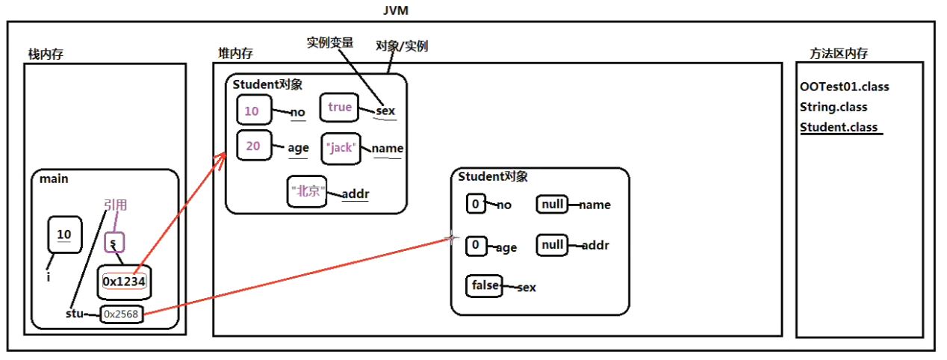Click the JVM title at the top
pyautogui.click(x=396, y=10)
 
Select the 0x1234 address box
pyautogui.click(x=124, y=282)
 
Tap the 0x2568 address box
pyautogui.click(x=121, y=314)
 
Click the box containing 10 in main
pyautogui.click(x=64, y=235)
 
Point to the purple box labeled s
pyautogui.click(x=114, y=243)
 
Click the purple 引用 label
pyautogui.click(x=116, y=205)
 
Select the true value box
pyautogui.click(x=339, y=108)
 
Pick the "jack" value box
pyautogui.click(x=341, y=148)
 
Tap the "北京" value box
pyautogui.click(x=307, y=192)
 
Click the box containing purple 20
pyautogui.click(x=254, y=146)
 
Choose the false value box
pyautogui.click(x=484, y=285)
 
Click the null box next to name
pyautogui.click(x=552, y=205)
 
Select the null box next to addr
pyautogui.click(x=552, y=245)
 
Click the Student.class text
pyautogui.click(x=839, y=127)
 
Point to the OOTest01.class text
pyautogui.click(x=844, y=87)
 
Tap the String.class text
pyautogui.click(x=833, y=107)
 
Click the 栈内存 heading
pyautogui.click(x=46, y=54)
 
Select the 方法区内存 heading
pyautogui.click(x=839, y=54)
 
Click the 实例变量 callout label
pyautogui.click(x=330, y=43)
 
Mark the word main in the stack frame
pyautogui.click(x=54, y=179)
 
